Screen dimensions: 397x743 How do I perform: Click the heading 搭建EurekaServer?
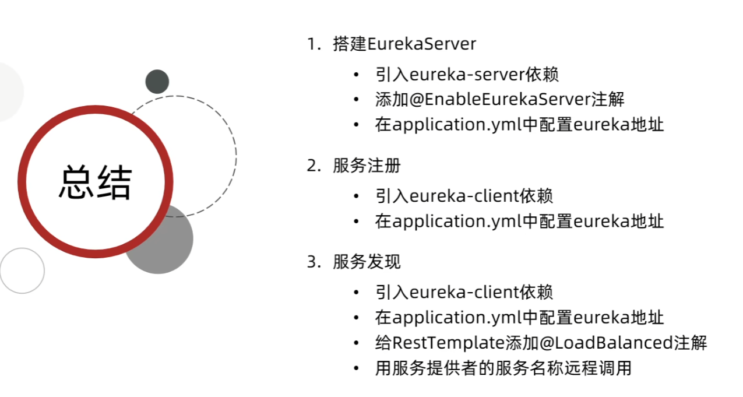pos(404,44)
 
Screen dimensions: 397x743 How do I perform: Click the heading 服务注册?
pos(367,166)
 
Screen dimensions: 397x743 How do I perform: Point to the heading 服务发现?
pos(367,262)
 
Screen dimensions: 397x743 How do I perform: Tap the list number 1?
pos(312,44)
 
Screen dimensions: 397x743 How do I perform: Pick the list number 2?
pos(312,166)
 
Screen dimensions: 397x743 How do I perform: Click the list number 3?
pos(312,262)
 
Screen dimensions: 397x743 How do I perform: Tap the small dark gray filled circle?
pos(157,82)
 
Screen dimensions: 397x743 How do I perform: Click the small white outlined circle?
pos(22,270)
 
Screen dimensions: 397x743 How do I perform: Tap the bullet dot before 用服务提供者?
pos(356,368)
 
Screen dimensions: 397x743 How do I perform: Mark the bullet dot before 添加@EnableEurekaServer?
pos(356,100)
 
